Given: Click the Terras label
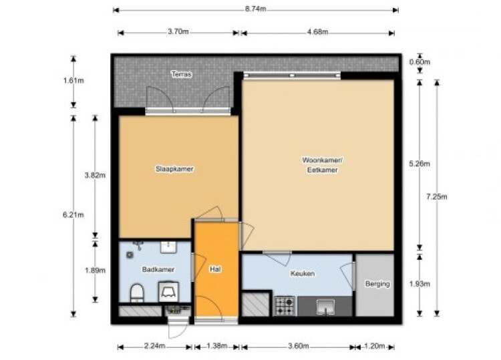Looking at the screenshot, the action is (x=182, y=74).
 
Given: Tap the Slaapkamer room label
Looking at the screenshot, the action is (x=174, y=169).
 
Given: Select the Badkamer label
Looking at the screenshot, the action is (x=158, y=270).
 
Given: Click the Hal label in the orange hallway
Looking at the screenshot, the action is (x=215, y=269).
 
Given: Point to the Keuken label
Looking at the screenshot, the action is (x=302, y=274).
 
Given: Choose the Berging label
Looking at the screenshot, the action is (x=377, y=284).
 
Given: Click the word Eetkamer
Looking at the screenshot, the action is (x=322, y=170).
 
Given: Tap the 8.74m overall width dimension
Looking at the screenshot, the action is (x=255, y=9).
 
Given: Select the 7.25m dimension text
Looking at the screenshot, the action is (x=436, y=197).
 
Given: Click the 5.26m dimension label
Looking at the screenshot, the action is (x=420, y=164).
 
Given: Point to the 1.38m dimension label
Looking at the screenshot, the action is (x=216, y=346).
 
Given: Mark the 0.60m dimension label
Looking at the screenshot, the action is (x=420, y=62).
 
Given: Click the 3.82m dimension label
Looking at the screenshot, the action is (x=95, y=176).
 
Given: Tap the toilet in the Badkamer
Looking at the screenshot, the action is (x=137, y=293).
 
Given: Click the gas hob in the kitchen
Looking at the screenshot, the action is (x=285, y=306).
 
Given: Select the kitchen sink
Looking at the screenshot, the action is (x=325, y=307).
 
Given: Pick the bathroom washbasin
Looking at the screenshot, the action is (x=168, y=247).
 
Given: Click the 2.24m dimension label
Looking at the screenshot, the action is (x=155, y=346).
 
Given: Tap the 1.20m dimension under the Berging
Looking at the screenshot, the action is (x=375, y=346).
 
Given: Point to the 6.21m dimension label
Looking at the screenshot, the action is (x=73, y=215).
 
